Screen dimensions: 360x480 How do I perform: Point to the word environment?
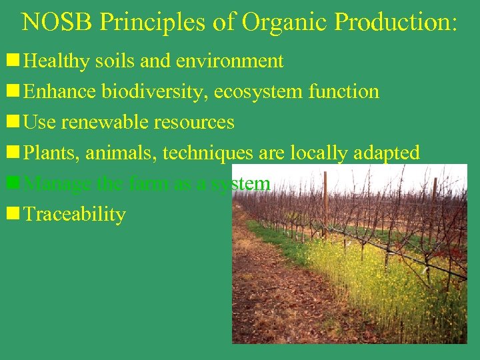coord(230,61)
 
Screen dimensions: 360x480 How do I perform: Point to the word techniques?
coord(207,153)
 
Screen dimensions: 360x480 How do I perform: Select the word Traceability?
coord(74,215)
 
